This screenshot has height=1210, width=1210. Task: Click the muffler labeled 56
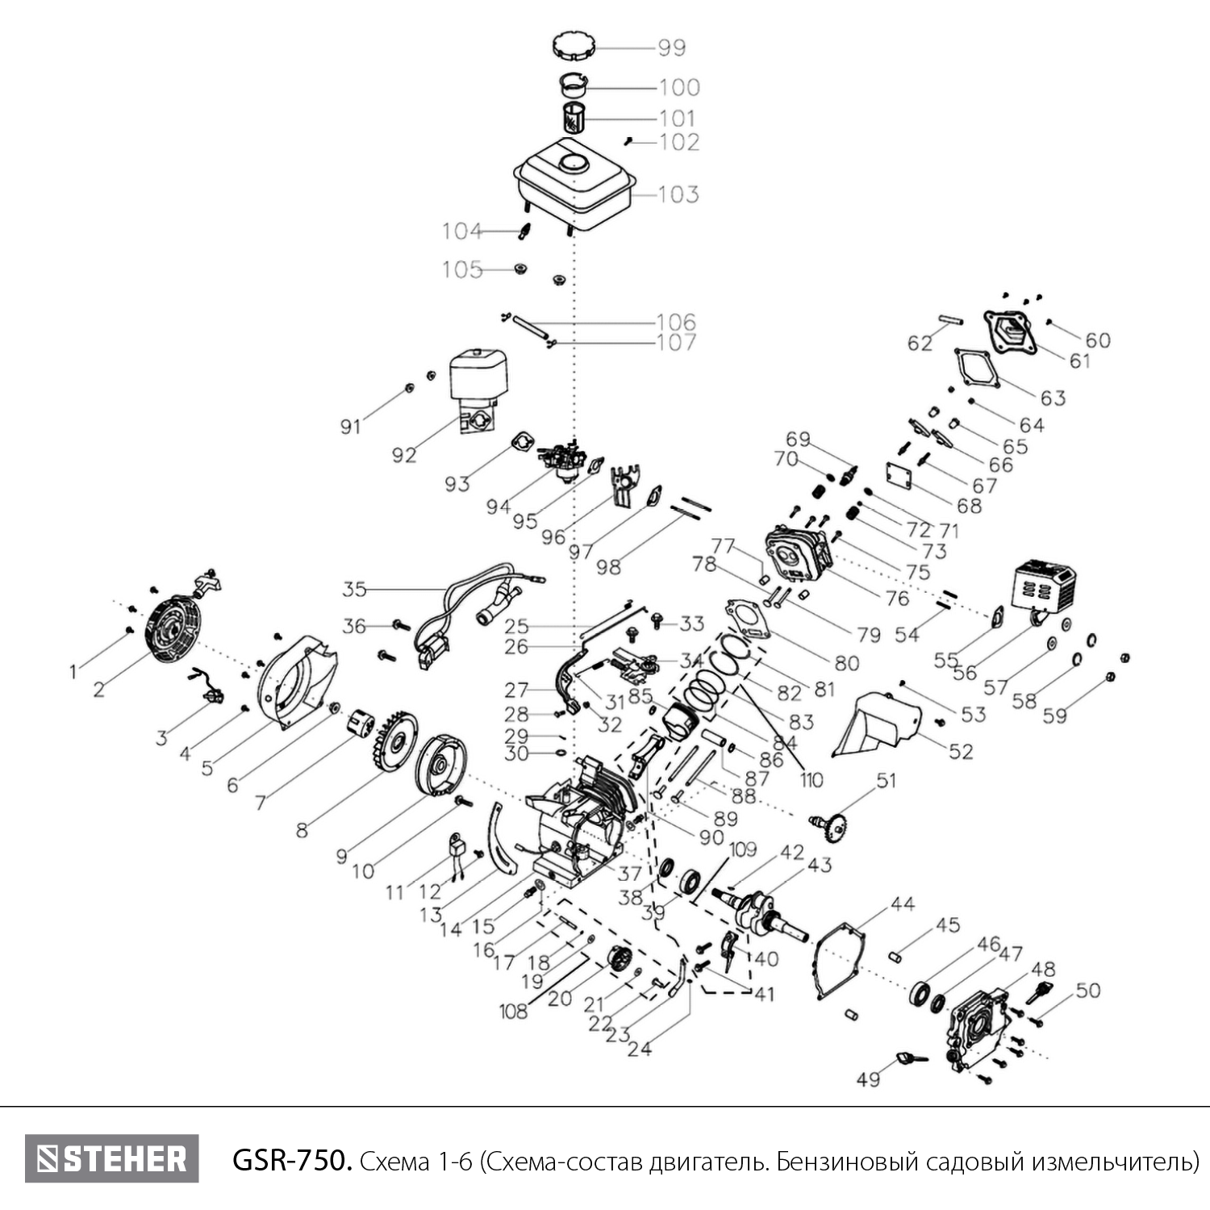[1043, 590]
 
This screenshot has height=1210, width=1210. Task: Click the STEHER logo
[112, 1158]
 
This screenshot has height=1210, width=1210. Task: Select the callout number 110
[812, 779]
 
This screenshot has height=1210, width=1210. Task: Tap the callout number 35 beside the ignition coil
[355, 590]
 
